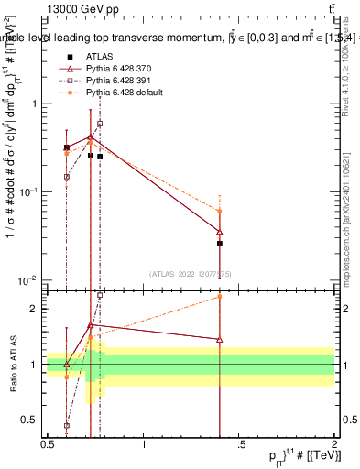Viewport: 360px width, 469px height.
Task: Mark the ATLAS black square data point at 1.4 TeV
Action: point(220,244)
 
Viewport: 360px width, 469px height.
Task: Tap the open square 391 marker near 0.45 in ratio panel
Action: point(67,425)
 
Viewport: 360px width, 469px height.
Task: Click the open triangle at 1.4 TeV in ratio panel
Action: point(220,339)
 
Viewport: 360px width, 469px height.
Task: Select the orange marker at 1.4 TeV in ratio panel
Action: point(220,296)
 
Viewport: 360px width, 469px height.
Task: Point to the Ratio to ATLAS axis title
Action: point(12,365)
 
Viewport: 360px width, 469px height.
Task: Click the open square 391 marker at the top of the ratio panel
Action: point(100,295)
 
